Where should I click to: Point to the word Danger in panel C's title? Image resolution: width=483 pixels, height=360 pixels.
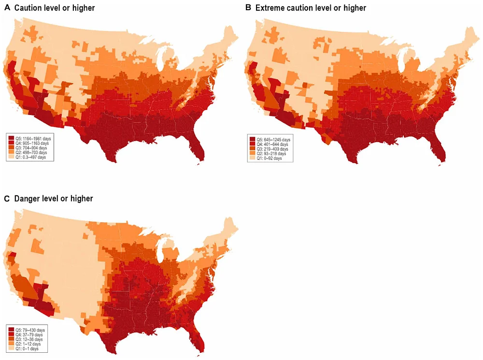(27, 198)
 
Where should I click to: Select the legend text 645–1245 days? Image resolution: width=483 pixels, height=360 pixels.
(274, 139)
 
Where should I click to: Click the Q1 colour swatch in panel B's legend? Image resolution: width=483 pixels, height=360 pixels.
(252, 158)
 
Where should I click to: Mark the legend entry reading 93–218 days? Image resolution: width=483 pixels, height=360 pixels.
(273, 154)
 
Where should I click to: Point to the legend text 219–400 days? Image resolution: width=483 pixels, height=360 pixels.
(274, 149)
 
